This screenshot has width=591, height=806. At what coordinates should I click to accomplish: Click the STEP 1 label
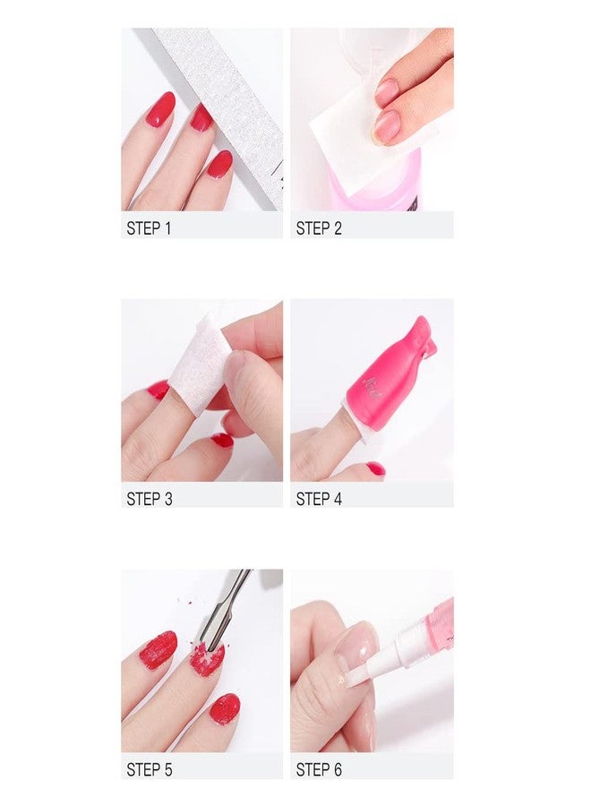click(x=149, y=228)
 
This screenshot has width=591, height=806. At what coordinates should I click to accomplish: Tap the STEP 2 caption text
click(x=319, y=228)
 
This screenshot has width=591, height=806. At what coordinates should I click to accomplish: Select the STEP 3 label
click(x=149, y=499)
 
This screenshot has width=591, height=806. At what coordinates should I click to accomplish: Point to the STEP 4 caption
click(x=319, y=499)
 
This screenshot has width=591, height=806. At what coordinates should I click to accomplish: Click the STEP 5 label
click(x=149, y=769)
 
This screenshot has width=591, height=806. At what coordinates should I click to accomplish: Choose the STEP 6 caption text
click(x=319, y=769)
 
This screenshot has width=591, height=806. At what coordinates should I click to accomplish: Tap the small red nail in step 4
click(x=376, y=468)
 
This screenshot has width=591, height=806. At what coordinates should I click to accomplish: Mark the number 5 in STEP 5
click(x=167, y=769)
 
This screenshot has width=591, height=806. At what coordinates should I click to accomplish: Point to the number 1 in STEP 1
click(x=167, y=228)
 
